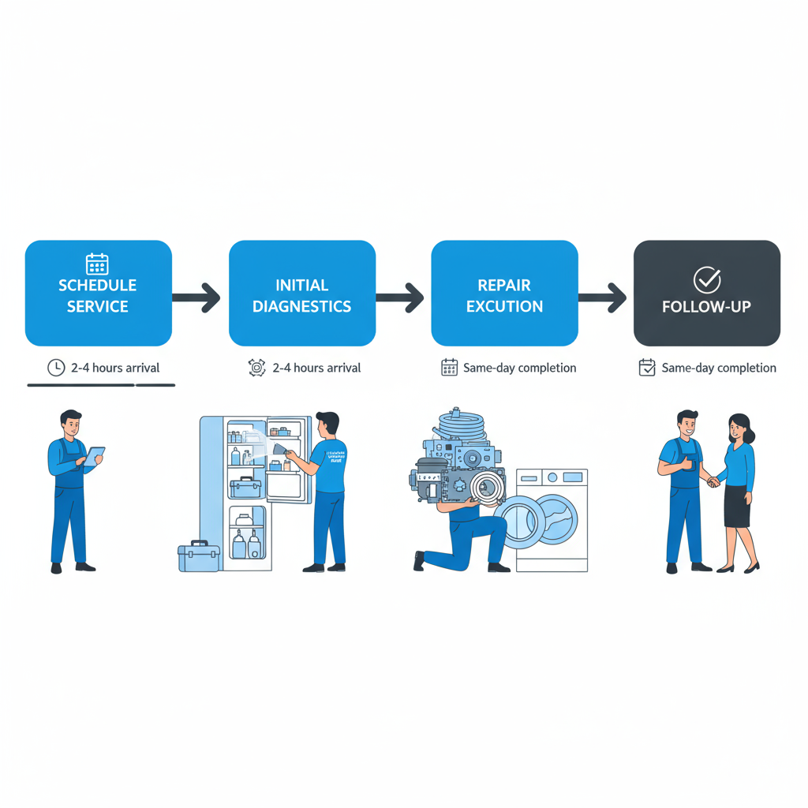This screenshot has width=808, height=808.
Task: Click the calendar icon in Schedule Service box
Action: (97, 264)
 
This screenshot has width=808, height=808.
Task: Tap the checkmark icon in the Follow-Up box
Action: (706, 280)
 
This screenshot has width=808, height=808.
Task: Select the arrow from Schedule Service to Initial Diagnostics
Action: (196, 297)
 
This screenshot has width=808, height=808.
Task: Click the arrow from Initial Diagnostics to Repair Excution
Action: (400, 297)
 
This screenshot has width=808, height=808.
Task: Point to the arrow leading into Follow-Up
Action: (603, 297)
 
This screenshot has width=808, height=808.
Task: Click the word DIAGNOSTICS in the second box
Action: (301, 307)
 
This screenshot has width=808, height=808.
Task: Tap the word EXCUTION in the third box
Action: (504, 307)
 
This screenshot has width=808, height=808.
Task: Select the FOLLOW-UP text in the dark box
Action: (706, 307)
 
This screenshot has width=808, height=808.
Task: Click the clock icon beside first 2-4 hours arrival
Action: (56, 368)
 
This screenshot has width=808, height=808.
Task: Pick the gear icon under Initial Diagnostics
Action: (256, 368)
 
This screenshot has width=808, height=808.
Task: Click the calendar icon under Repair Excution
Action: (449, 368)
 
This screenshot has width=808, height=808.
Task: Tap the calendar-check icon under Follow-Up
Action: (647, 368)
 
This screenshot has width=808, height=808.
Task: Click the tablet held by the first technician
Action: (95, 456)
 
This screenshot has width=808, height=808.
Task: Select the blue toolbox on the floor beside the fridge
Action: (198, 557)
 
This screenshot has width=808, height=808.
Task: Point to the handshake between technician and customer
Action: (712, 481)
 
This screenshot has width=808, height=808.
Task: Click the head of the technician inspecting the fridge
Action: (327, 425)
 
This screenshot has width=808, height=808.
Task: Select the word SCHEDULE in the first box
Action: (98, 286)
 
